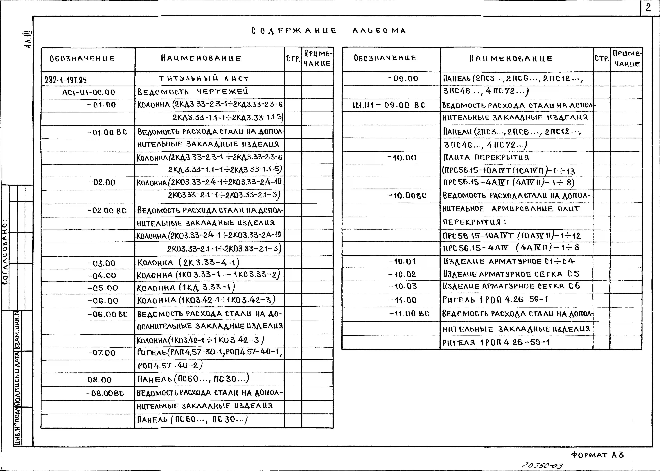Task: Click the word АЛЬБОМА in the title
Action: coord(379,31)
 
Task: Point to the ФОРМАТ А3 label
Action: coord(597,455)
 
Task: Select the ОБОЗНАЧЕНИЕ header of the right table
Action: coord(385,58)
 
